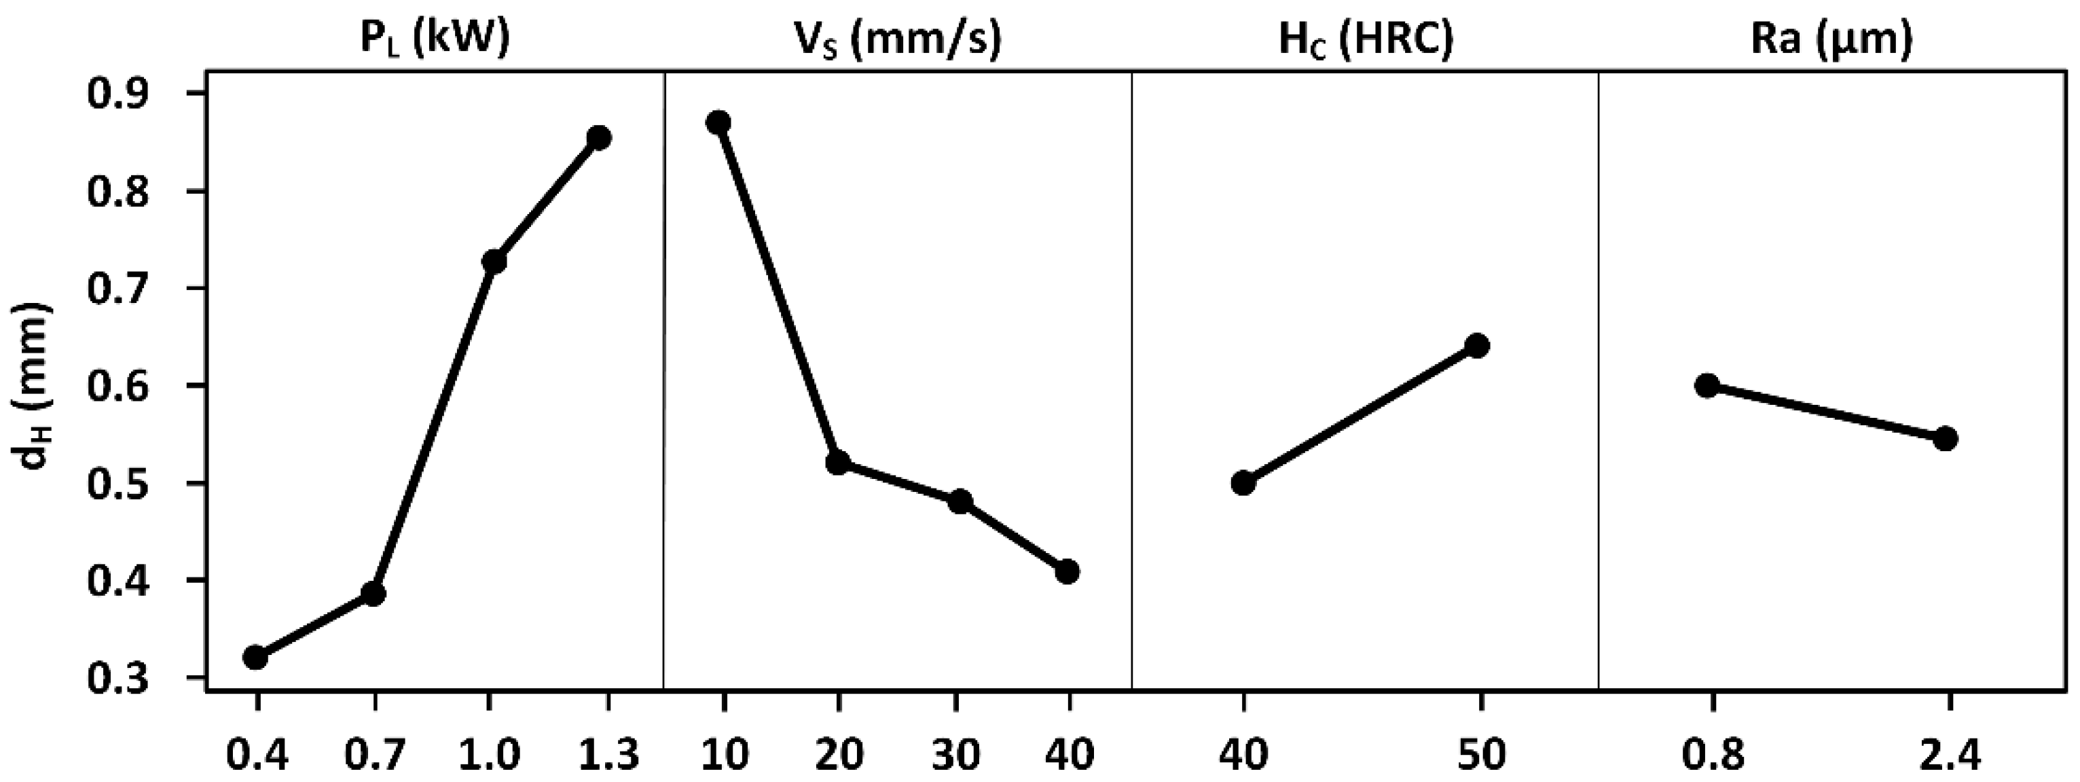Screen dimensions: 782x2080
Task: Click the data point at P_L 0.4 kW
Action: click(256, 658)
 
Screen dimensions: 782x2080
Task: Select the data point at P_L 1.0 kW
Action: click(494, 262)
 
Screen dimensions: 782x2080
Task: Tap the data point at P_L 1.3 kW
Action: click(599, 138)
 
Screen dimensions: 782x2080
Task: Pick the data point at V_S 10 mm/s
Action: click(718, 123)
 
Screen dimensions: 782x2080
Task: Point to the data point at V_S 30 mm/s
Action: click(960, 501)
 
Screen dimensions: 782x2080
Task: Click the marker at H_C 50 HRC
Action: click(1477, 346)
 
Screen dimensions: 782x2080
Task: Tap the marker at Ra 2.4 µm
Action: click(1945, 440)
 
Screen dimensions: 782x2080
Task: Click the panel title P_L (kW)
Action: click(435, 39)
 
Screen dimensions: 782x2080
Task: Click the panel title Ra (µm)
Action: click(1832, 39)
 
